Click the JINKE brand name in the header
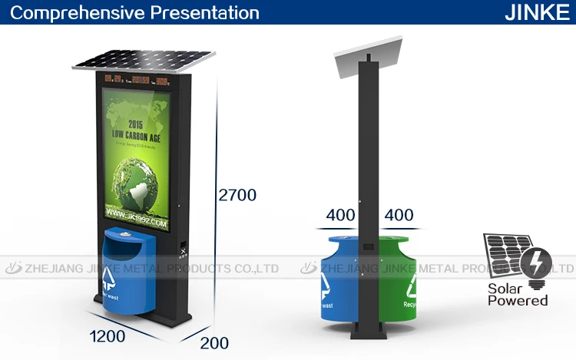[536, 13]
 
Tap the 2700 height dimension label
[236, 195]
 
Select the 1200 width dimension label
[108, 335]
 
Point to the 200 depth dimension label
[216, 343]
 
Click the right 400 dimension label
[398, 215]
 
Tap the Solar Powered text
[518, 293]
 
